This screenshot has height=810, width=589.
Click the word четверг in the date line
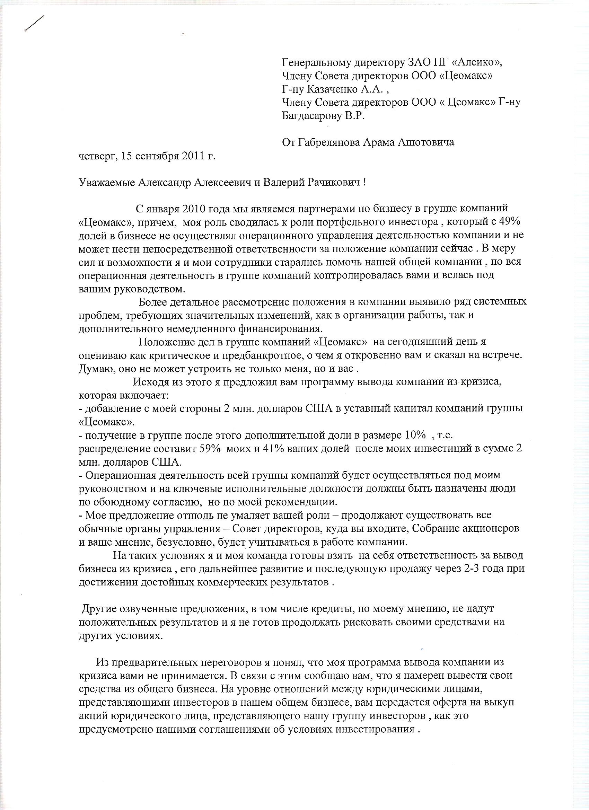click(x=97, y=156)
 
